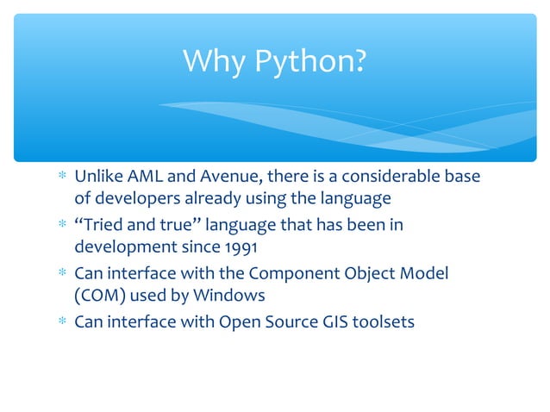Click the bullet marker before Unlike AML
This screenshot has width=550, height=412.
click(61, 178)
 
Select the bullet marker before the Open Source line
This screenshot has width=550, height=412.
click(61, 323)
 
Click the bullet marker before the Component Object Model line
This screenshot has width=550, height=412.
click(61, 275)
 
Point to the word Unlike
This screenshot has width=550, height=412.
click(98, 177)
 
